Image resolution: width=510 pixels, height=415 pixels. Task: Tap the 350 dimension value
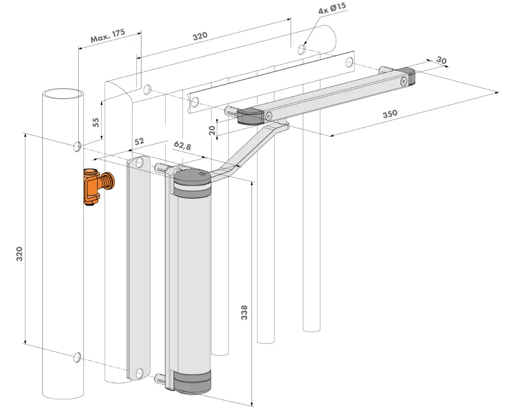point(390,113)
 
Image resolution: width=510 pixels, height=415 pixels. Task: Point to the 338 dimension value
point(244,312)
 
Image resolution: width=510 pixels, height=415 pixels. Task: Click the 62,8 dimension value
point(183,145)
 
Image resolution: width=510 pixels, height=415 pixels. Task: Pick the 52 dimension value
point(139,141)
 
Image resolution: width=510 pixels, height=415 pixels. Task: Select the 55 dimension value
point(97,122)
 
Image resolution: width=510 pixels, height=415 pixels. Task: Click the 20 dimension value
point(212,130)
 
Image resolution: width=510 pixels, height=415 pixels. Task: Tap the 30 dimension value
point(441,60)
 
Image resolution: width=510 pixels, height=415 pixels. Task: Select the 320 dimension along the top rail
point(200,36)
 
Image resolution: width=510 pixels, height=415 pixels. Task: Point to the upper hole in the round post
point(77,146)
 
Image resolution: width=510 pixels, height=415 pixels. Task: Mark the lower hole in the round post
point(77,356)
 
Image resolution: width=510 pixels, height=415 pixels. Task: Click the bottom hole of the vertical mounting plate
point(140,372)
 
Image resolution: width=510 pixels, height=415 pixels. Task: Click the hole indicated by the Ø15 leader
point(302,49)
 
